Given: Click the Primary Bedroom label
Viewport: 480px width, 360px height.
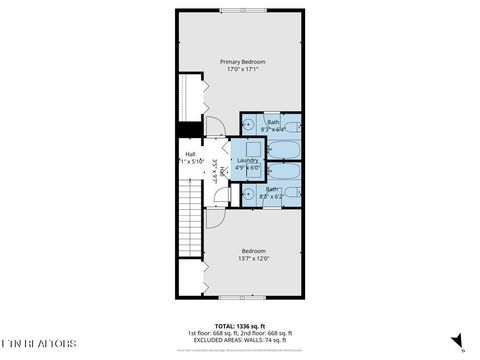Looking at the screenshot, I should (240, 62).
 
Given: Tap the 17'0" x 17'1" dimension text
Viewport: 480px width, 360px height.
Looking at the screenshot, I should (240, 70).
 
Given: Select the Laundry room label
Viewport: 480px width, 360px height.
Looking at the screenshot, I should (248, 160).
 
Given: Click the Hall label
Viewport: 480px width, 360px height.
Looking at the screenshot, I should (190, 154).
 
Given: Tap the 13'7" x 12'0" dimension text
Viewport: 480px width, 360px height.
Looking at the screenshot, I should (252, 258).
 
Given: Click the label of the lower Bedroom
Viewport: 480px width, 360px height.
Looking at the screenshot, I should (252, 250).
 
